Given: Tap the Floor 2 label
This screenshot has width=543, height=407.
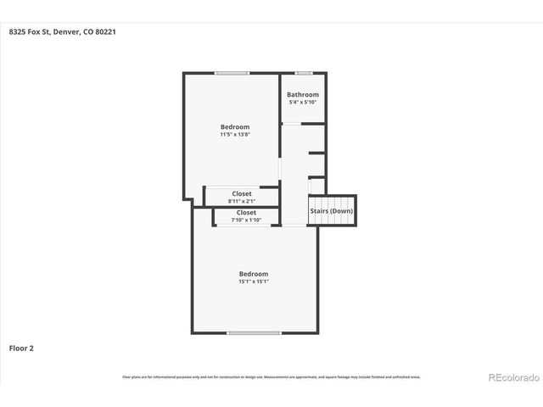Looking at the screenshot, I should pos(21,348).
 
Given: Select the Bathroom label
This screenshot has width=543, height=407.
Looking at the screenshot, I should pos(303,95).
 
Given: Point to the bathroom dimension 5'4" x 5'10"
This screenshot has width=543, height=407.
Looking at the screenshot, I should pos(303,103).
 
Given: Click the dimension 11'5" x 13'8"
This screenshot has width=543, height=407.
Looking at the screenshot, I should pos(235,134).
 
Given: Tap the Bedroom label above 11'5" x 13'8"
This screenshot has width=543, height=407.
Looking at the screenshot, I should pos(235,126).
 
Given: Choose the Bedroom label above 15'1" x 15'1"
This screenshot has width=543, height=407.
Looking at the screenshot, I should pos(254,274).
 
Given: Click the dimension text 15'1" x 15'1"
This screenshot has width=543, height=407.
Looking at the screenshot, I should pos(254,282).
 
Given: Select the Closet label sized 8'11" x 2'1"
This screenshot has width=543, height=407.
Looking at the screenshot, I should pos(242,193).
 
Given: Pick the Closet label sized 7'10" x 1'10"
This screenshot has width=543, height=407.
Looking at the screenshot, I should pos(246,213).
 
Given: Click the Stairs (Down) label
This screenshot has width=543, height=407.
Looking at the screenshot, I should pos(331,211).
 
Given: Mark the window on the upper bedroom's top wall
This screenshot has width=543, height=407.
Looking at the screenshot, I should pos(232,74).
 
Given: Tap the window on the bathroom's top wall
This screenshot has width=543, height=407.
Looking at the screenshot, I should pos(303,74).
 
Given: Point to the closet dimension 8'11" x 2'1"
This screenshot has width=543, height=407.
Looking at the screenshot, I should pos(242,201).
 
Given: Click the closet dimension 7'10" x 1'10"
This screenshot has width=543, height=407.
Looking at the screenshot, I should pos(246,220).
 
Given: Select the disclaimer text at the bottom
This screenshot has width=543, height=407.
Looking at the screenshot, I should pos(271,376).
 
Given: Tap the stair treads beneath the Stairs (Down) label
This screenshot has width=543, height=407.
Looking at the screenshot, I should pos(331,220).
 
